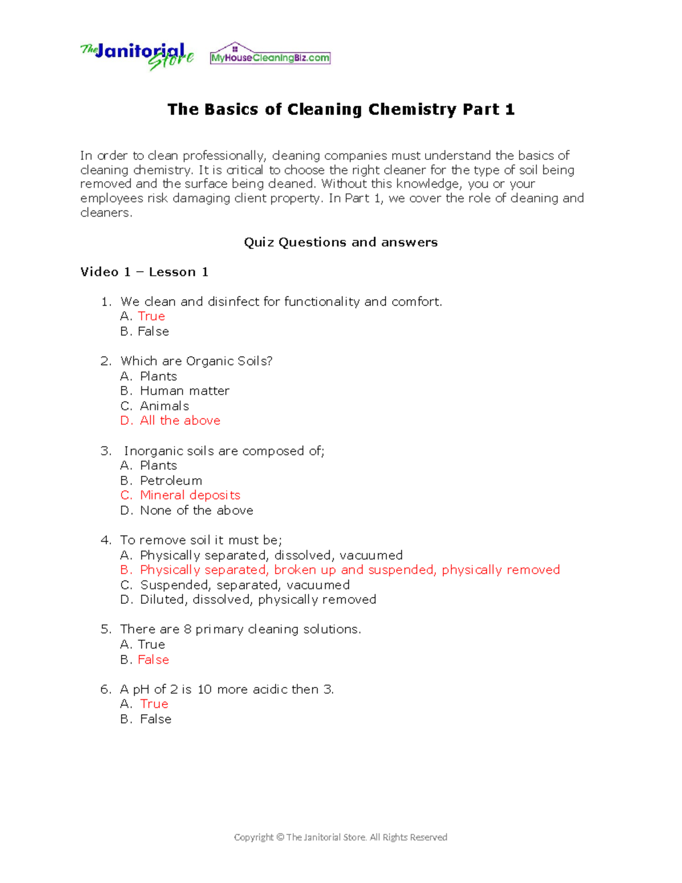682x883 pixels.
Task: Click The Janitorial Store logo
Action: [x=137, y=56]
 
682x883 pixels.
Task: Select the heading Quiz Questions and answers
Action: [x=340, y=242]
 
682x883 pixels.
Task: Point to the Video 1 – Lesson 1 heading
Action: [x=144, y=272]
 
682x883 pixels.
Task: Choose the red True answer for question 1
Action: [x=151, y=316]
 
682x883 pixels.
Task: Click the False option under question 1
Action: [x=153, y=331]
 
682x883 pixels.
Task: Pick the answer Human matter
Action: [x=185, y=391]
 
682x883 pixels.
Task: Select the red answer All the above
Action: [x=180, y=420]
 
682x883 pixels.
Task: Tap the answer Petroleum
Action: [x=171, y=480]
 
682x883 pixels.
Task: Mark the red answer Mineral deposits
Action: [x=190, y=495]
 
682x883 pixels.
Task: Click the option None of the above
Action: [x=197, y=510]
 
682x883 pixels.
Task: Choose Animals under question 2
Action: [x=164, y=406]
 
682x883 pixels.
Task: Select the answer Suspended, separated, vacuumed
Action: [x=244, y=584]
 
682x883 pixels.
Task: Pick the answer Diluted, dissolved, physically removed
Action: [x=258, y=599]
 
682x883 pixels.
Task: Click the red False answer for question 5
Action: [x=153, y=660]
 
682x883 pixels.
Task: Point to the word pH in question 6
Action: [x=141, y=689]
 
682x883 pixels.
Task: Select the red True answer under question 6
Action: [x=154, y=704]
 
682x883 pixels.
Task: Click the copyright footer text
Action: [x=340, y=837]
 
